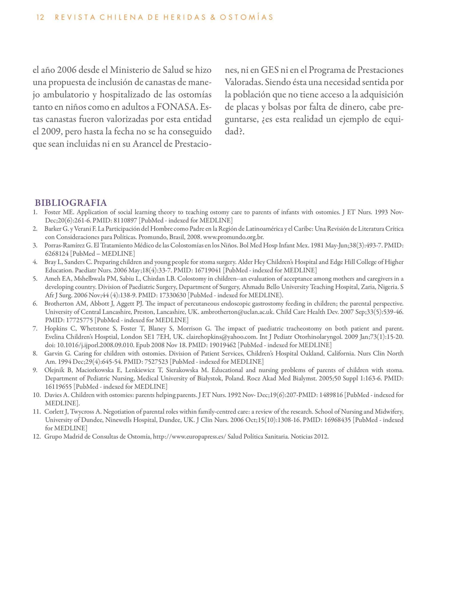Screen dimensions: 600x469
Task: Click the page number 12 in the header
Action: tap(40, 18)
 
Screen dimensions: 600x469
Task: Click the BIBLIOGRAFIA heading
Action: tap(71, 203)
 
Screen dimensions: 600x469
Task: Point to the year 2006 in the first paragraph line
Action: tap(67, 70)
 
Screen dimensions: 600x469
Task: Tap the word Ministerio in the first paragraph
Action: tap(130, 70)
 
